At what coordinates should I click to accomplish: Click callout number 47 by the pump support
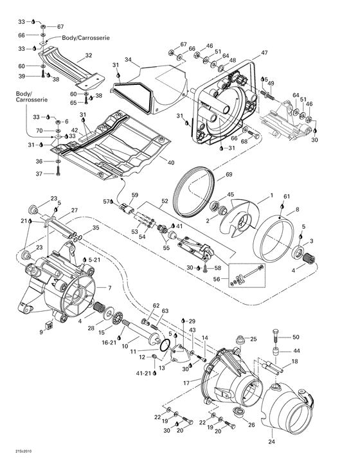pos(264,53)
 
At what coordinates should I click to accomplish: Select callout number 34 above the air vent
pos(128,60)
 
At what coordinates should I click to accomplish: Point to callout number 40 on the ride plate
pos(170,163)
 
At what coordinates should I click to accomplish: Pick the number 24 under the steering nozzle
pos(271,442)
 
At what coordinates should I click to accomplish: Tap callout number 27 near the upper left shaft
pos(75,210)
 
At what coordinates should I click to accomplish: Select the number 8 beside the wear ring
pos(297,209)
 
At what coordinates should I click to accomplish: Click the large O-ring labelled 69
pos(194,187)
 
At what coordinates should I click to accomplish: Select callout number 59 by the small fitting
pos(135,195)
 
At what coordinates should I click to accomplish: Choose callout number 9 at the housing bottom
pos(42,332)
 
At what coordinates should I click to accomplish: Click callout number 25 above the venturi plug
pos(254,339)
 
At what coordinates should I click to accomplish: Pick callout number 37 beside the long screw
pos(39,174)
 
